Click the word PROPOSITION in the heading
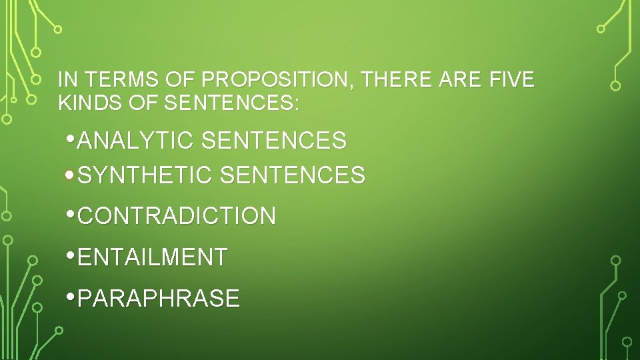(279, 80)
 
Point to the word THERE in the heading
(398, 80)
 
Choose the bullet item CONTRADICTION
(177, 216)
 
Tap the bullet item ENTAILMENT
(153, 257)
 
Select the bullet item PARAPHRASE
(159, 298)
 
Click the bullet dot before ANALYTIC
(71, 140)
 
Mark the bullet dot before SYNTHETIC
(71, 175)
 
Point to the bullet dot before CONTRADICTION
(71, 215)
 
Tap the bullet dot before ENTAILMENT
(71, 256)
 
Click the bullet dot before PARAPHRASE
(71, 297)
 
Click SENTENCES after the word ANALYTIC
(273, 141)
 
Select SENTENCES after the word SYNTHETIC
(292, 175)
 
